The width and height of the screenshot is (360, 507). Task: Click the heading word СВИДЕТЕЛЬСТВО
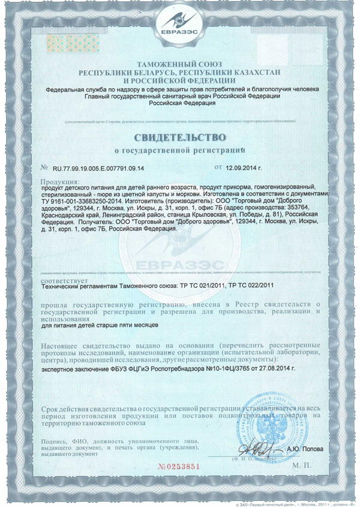coord(179,129)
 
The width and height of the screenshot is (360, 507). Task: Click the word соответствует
coord(63,280)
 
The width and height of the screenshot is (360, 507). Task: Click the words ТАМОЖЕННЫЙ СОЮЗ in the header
coord(179,64)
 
